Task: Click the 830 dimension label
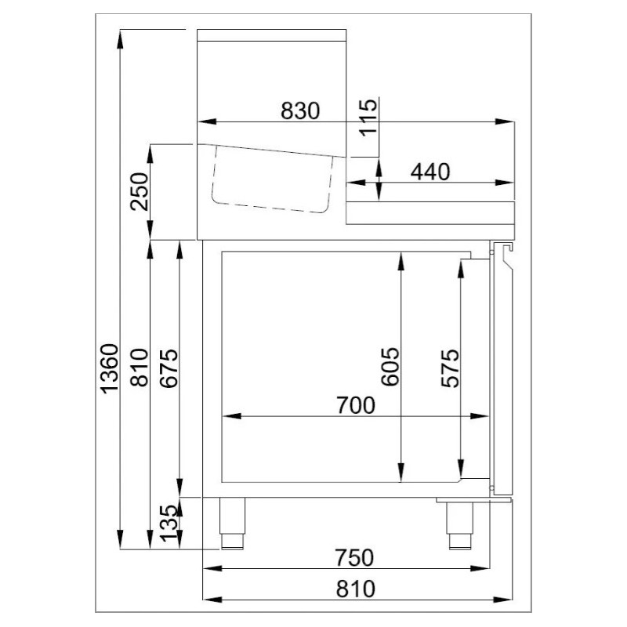[300, 111]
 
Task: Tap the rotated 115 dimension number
[368, 118]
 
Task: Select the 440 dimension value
[430, 172]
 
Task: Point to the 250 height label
[140, 191]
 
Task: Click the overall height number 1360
[110, 368]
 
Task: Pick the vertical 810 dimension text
[140, 368]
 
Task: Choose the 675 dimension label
[169, 368]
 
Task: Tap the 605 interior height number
[390, 367]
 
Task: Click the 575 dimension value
[450, 368]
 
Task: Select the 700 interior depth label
[356, 405]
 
